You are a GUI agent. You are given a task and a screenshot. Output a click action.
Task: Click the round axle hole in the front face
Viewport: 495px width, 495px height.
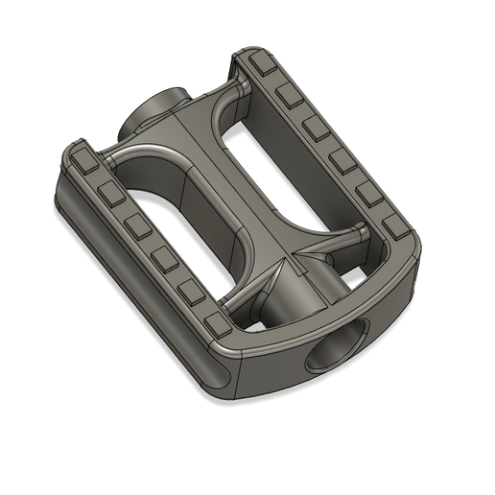point(338,348)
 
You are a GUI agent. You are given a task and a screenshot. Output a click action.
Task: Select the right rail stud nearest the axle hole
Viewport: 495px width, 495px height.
point(394,229)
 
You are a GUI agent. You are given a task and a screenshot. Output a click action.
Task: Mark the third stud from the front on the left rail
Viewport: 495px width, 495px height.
point(165,258)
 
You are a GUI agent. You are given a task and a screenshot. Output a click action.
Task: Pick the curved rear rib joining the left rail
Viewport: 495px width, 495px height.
point(144,153)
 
